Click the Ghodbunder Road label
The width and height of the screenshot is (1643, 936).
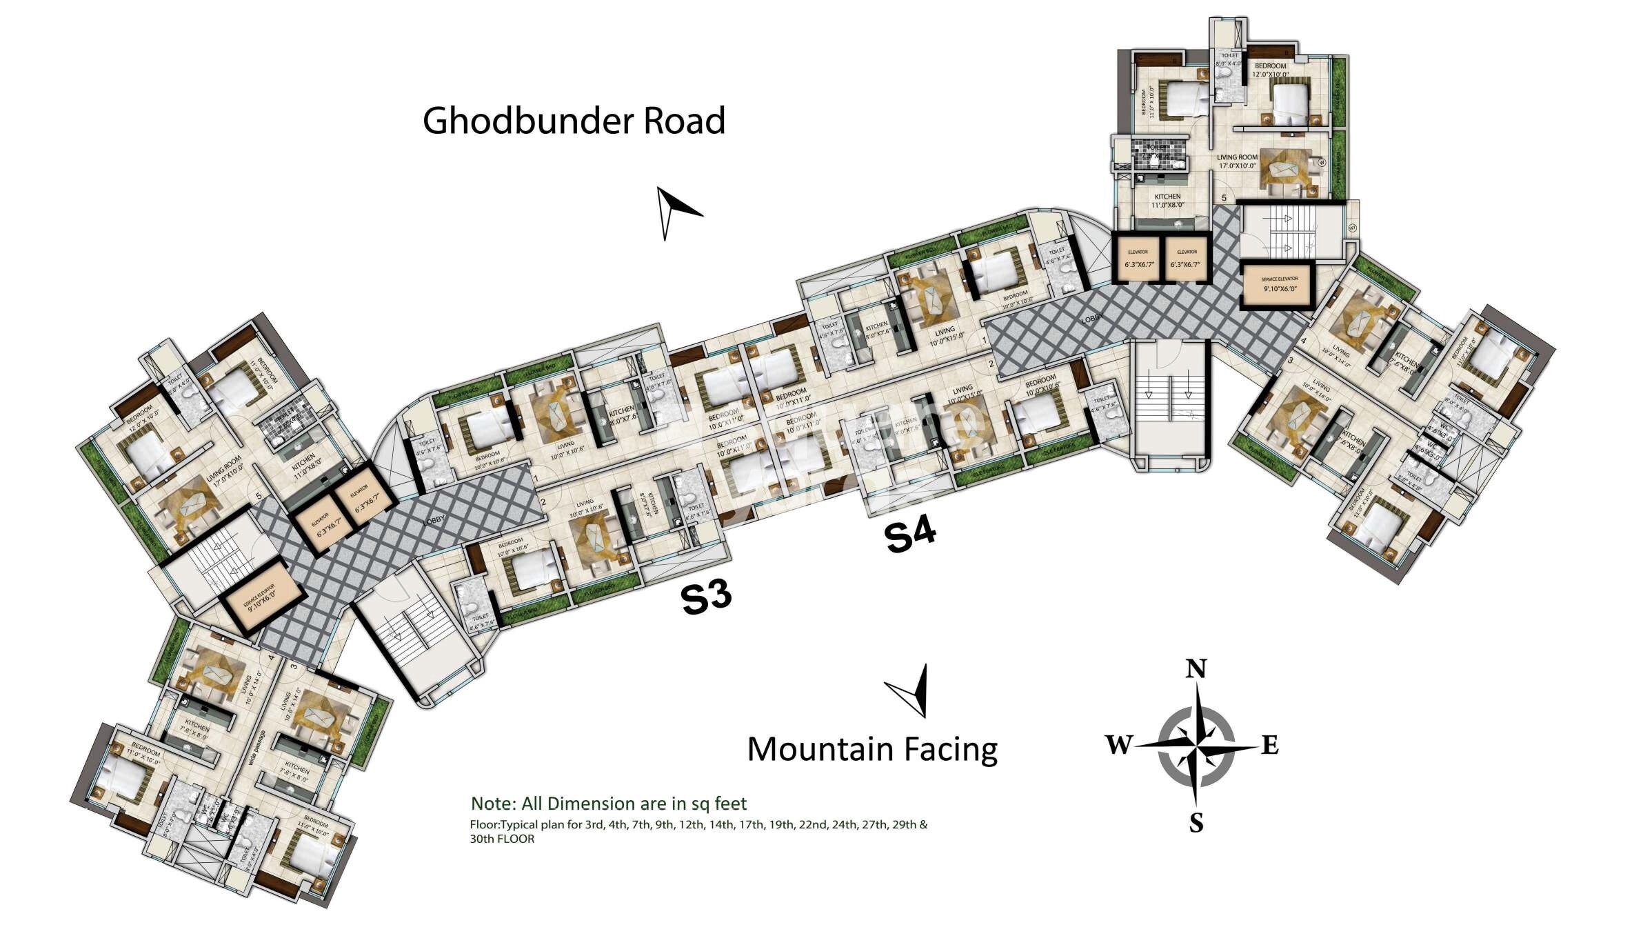point(574,121)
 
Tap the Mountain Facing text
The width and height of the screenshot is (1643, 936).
point(872,750)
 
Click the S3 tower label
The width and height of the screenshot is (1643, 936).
point(705,597)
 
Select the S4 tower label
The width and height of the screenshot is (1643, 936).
point(910,536)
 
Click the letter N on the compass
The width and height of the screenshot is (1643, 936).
point(1196,670)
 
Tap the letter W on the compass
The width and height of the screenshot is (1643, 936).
point(1119,744)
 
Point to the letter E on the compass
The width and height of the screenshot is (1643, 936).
point(1270,745)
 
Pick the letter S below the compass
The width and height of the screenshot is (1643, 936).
point(1196,823)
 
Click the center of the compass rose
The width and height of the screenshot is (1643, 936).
point(1196,746)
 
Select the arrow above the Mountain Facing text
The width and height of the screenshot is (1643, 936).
point(911,690)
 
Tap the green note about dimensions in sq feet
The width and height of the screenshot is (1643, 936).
point(608,804)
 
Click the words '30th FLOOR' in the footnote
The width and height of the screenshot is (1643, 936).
point(502,839)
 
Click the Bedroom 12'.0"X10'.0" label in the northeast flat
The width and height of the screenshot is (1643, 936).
point(1270,70)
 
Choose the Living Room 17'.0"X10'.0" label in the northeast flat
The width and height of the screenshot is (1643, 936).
point(1237,161)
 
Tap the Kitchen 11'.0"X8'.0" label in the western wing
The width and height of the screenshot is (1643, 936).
point(303,467)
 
